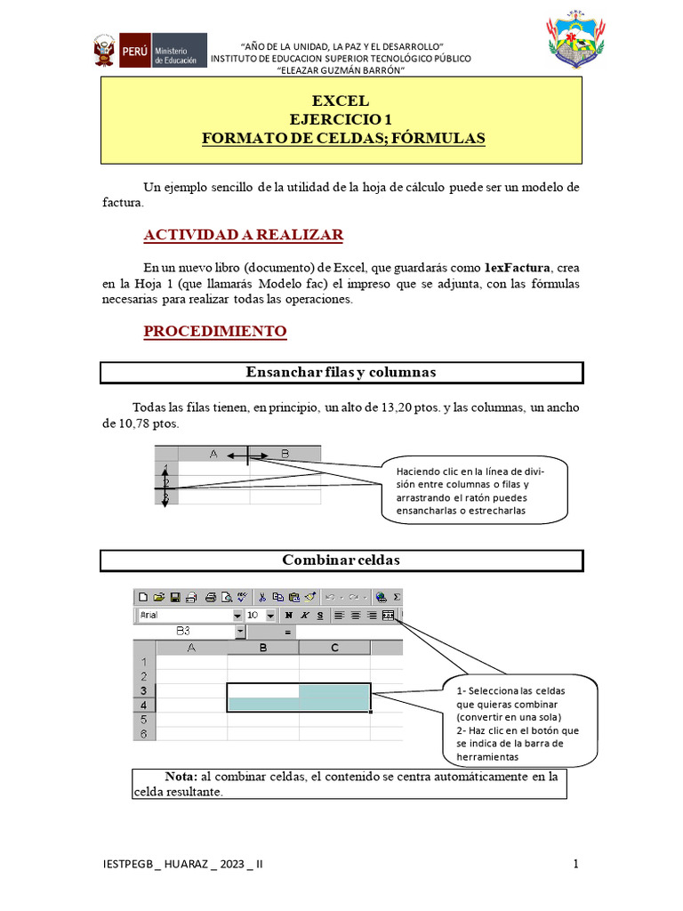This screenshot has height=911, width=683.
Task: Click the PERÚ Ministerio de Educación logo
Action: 149,52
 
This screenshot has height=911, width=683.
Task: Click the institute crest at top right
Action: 579,42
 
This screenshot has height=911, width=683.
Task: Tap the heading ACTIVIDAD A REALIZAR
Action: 244,235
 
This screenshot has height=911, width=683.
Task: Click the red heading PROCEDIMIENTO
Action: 215,332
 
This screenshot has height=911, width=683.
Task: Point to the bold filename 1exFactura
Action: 518,268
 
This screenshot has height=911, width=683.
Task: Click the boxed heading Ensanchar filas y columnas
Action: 341,372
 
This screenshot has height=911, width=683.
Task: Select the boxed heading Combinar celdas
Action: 341,560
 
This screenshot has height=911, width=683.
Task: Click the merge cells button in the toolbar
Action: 388,615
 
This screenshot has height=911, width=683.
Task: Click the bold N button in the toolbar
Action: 288,615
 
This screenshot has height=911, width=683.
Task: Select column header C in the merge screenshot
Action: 334,648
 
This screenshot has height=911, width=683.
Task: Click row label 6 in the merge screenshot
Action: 144,733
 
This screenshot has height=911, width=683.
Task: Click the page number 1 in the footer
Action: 576,864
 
